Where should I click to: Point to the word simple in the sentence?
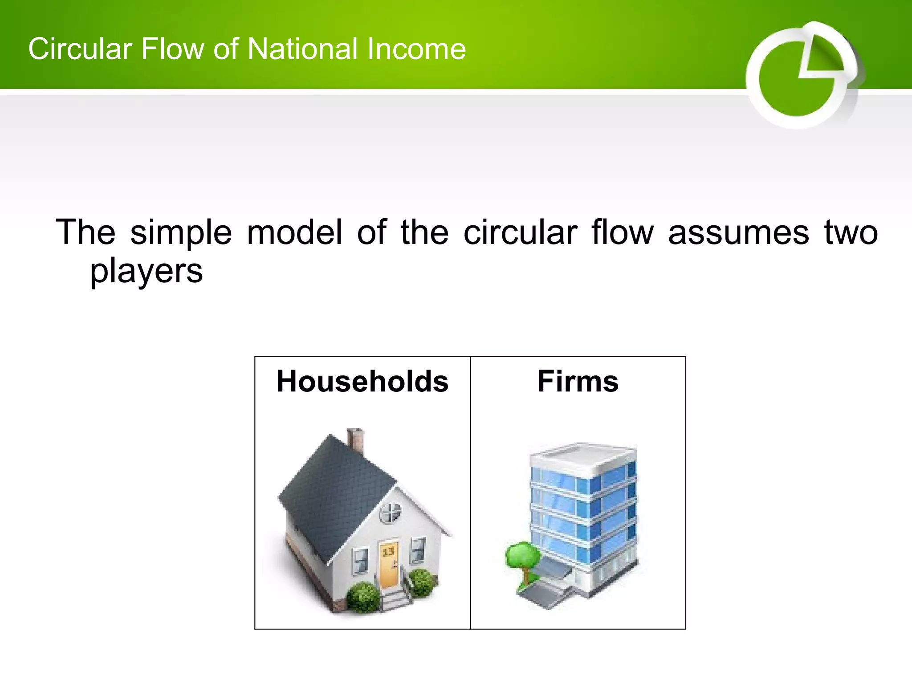tap(181, 232)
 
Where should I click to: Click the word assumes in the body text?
tap(738, 232)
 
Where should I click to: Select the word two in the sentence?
tap(851, 232)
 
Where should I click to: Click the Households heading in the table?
tap(362, 382)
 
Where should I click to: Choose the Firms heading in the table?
tap(578, 382)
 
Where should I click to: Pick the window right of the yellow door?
tap(417, 550)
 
